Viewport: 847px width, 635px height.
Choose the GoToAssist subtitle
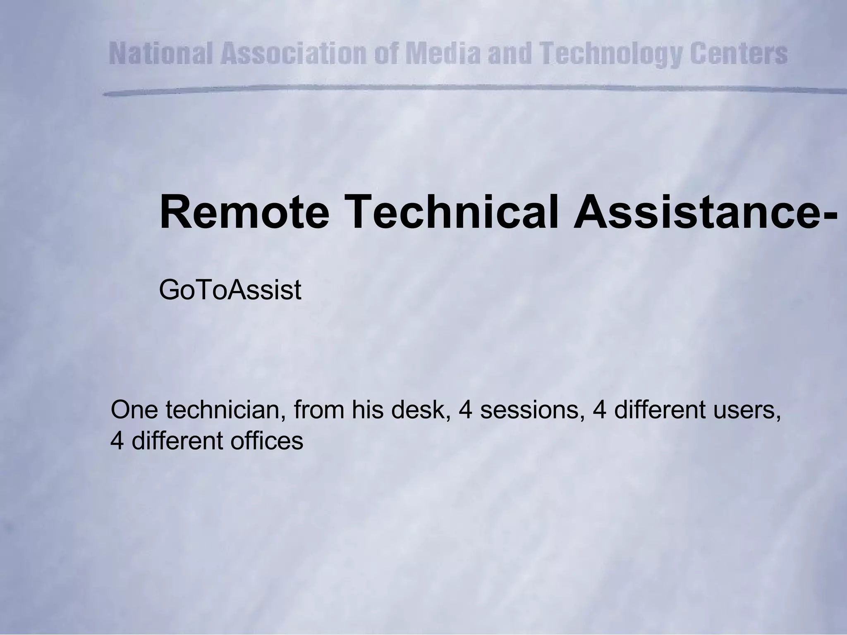pos(230,291)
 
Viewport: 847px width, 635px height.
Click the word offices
pos(267,441)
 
